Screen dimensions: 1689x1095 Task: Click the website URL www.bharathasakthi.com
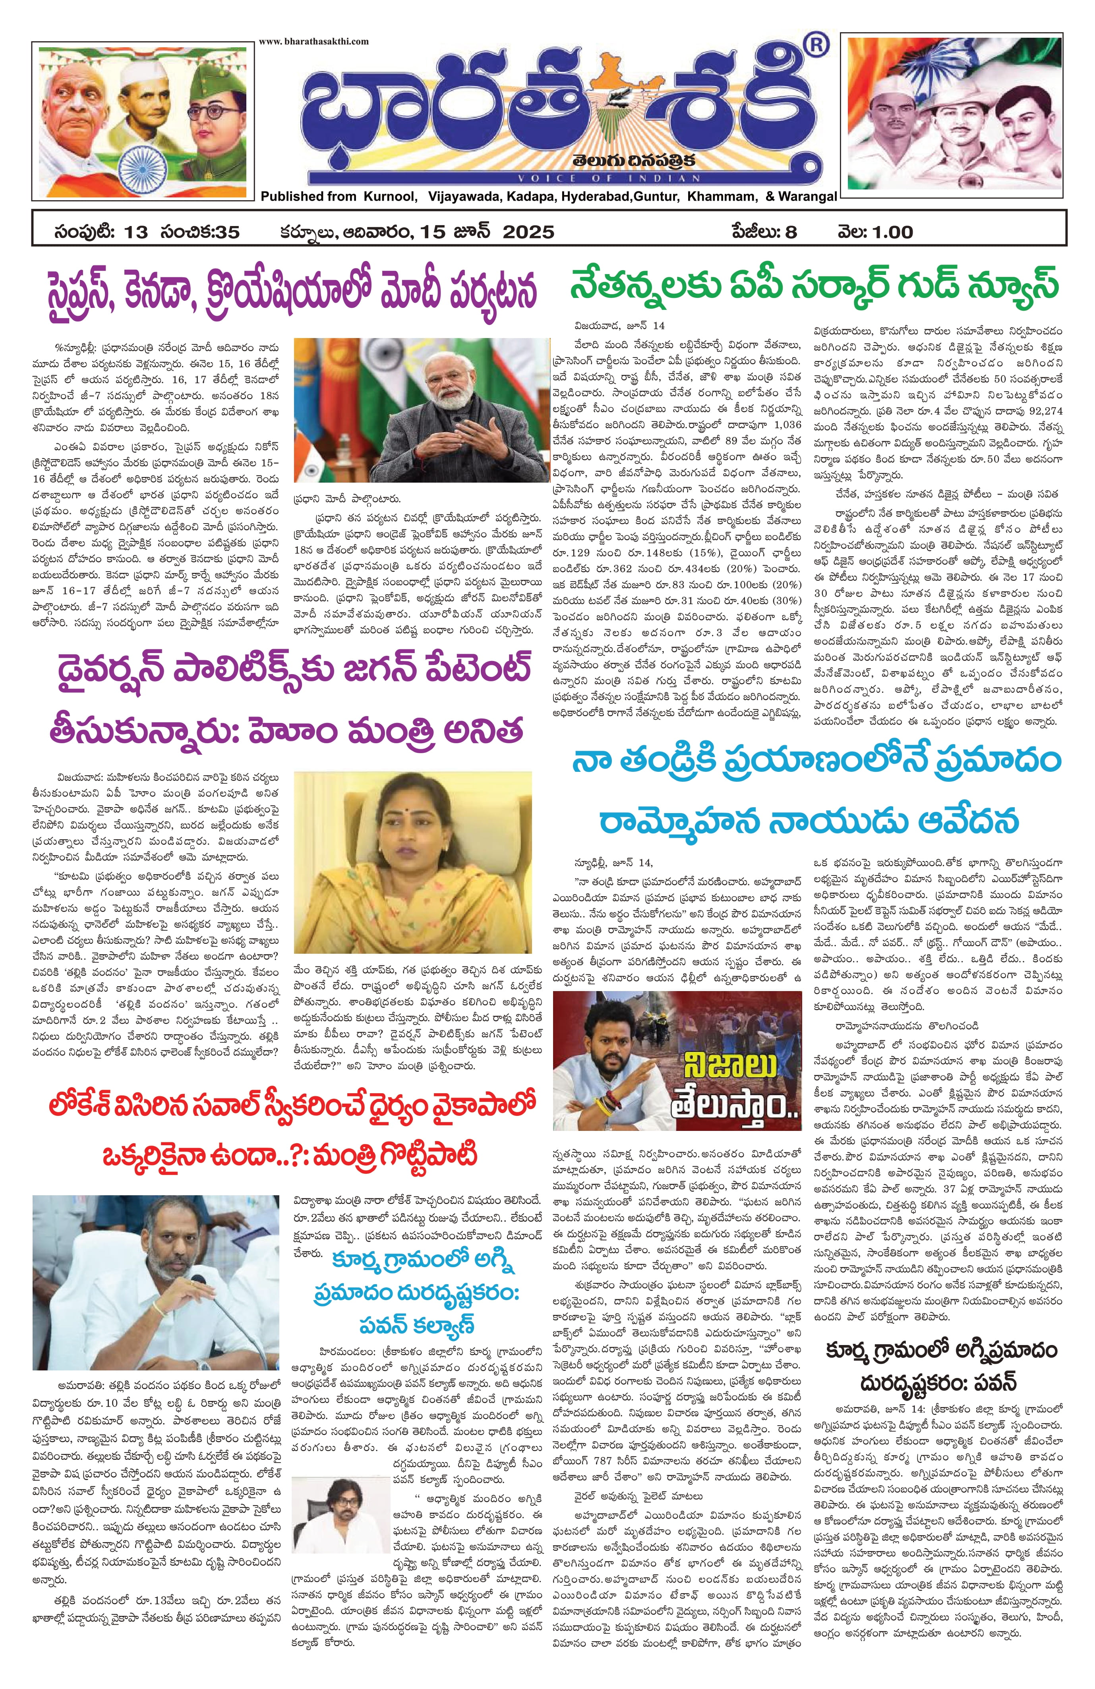click(313, 41)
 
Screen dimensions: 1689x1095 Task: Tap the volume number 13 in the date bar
click(135, 232)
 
